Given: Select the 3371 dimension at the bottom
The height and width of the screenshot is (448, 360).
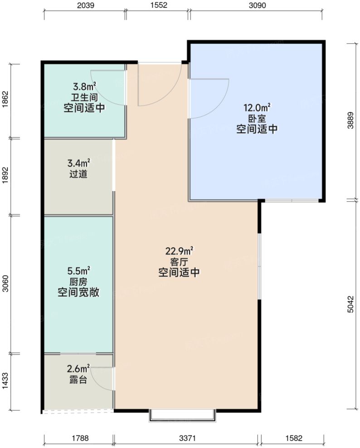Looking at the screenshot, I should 187,438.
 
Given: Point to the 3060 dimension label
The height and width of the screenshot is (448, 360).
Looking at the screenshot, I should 5,284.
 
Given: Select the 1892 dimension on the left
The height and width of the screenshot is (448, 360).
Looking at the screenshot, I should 5,177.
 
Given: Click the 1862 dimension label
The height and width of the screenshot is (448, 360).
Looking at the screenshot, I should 5,101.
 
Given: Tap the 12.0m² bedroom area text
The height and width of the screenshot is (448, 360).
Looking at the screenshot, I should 257,108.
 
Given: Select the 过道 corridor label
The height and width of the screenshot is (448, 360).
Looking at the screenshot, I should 78,174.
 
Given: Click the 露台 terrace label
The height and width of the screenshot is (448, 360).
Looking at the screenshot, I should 78,380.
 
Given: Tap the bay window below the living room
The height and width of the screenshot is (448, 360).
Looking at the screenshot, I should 182,415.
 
